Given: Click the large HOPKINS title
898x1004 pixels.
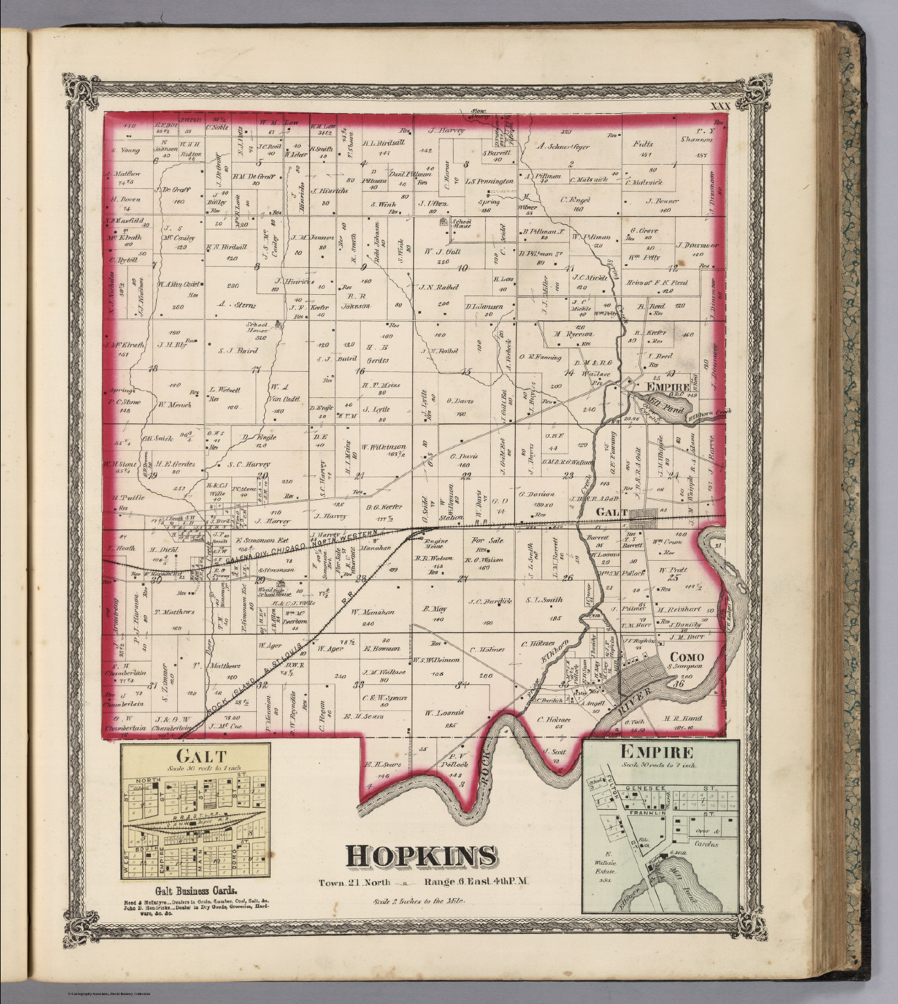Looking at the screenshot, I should point(420,854).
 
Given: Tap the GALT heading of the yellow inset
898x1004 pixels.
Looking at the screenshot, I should point(195,756).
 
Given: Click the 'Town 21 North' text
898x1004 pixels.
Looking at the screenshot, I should point(354,882).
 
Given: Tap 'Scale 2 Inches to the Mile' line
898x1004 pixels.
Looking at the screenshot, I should point(420,900).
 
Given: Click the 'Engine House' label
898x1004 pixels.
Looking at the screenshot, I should point(435,544).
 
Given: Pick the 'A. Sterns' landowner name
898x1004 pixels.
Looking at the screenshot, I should point(236,305).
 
